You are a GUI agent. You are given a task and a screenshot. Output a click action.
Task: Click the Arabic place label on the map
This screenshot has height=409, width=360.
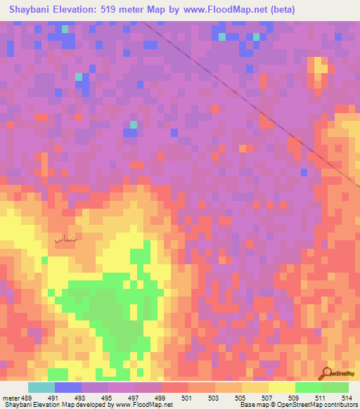tap(65, 238)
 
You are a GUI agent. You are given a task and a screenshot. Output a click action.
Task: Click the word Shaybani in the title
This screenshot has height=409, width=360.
tap(32, 10)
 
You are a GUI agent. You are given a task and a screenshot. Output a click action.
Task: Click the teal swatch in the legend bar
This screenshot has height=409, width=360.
tap(41, 387)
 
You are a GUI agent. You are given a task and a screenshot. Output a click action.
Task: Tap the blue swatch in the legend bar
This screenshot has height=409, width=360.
tap(68, 387)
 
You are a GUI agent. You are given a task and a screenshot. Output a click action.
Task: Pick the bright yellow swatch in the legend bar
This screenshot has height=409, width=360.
tap(282, 387)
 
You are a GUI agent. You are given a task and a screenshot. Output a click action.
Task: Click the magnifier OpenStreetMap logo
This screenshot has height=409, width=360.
tap(326, 372)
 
